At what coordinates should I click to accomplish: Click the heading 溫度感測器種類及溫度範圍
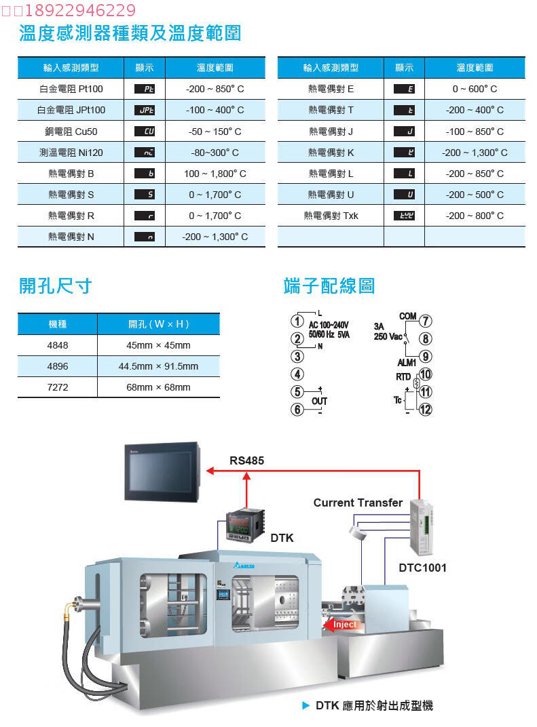130,33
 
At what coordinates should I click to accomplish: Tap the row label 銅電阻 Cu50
71,132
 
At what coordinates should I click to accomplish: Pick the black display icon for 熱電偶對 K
404,153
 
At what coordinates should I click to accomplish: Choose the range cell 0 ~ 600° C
475,89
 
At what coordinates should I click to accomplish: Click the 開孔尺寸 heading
55,286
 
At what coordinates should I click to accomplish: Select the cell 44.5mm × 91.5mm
158,366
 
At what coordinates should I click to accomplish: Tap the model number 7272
58,387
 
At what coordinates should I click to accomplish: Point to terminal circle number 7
426,321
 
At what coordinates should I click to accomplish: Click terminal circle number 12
426,409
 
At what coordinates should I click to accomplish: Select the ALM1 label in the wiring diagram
407,363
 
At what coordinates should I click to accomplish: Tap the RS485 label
247,460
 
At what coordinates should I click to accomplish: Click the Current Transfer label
358,503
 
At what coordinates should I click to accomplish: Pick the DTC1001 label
422,568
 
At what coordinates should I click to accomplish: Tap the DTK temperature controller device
244,526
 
